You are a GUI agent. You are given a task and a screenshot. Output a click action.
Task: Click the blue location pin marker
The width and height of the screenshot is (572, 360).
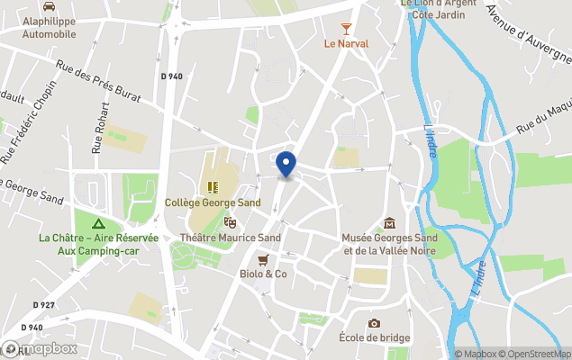pyautogui.click(x=286, y=165)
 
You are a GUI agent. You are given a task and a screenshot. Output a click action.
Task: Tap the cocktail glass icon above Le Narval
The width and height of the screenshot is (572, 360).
pyautogui.click(x=346, y=30)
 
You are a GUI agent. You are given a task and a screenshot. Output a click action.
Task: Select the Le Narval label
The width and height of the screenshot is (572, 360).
pyautogui.click(x=346, y=43)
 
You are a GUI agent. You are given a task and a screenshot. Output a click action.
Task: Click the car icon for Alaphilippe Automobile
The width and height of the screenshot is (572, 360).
pyautogui.click(x=49, y=7)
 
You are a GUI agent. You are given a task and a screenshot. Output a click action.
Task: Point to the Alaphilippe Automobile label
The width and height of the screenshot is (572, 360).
pyautogui.click(x=49, y=25)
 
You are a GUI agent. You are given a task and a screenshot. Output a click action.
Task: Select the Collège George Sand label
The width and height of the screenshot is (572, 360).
pyautogui.click(x=213, y=202)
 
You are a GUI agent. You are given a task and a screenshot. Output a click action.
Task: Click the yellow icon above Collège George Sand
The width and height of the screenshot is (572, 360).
pyautogui.click(x=213, y=187)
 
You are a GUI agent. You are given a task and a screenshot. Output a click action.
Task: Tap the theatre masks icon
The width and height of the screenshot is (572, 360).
pyautogui.click(x=230, y=221)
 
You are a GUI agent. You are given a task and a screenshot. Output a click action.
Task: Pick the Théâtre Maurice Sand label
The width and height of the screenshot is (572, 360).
pyautogui.click(x=230, y=238)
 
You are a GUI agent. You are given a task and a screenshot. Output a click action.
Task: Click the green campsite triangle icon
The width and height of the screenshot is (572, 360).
pyautogui.click(x=98, y=222)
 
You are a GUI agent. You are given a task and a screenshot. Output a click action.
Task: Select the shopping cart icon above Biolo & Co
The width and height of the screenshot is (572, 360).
pyautogui.click(x=262, y=259)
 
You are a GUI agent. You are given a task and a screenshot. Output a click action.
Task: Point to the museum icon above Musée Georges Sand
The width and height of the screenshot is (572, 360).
pyautogui.click(x=389, y=222)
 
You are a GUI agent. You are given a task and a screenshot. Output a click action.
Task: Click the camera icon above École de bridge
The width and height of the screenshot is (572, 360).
pyautogui.click(x=374, y=323)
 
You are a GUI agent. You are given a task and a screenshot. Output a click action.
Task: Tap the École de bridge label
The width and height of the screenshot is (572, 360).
pyautogui.click(x=374, y=337)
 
